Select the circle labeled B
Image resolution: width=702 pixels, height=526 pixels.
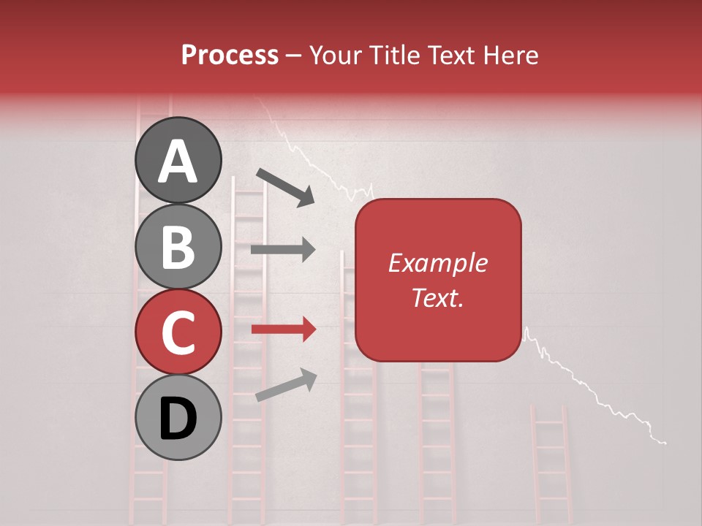click(x=178, y=246)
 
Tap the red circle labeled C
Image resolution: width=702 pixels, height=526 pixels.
click(x=178, y=332)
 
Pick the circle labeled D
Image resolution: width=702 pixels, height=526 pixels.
click(x=178, y=417)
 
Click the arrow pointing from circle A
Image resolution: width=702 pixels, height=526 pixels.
click(x=285, y=186)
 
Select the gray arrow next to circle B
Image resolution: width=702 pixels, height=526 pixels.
click(x=283, y=250)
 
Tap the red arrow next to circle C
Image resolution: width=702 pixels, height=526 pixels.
click(x=283, y=330)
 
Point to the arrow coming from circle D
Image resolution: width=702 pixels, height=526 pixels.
click(x=286, y=385)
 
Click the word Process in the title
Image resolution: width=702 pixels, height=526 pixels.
click(x=230, y=55)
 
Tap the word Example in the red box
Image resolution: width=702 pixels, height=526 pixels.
click(x=437, y=263)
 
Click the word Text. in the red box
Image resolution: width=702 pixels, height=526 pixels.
click(x=437, y=297)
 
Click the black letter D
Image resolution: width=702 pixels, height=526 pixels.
click(x=178, y=419)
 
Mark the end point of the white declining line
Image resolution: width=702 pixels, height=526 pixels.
click(x=665, y=443)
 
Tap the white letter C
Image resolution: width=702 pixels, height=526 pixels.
click(x=178, y=332)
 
